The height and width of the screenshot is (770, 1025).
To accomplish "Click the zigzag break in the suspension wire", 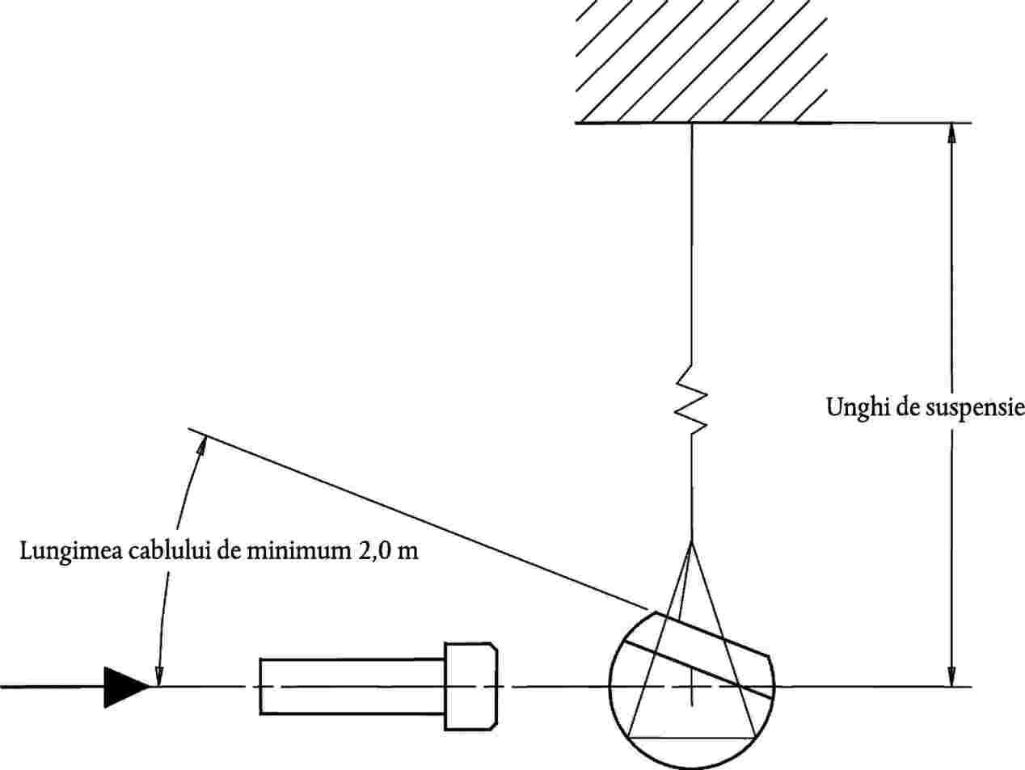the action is coord(692,399).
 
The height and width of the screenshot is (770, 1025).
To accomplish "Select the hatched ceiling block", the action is coord(702,61).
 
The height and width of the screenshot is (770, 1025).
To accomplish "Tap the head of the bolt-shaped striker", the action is coord(470,686).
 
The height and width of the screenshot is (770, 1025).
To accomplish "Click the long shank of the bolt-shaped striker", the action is coord(352,687).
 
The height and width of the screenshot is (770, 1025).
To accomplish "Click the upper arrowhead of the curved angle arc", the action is coord(201,447).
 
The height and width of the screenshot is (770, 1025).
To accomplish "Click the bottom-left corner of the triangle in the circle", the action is coord(629,738).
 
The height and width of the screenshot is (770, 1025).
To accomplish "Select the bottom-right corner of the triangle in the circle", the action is coord(756,738).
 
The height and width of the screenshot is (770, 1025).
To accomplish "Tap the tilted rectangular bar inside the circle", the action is coord(698,654).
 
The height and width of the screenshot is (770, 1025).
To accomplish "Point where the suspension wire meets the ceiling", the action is coord(692,124).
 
